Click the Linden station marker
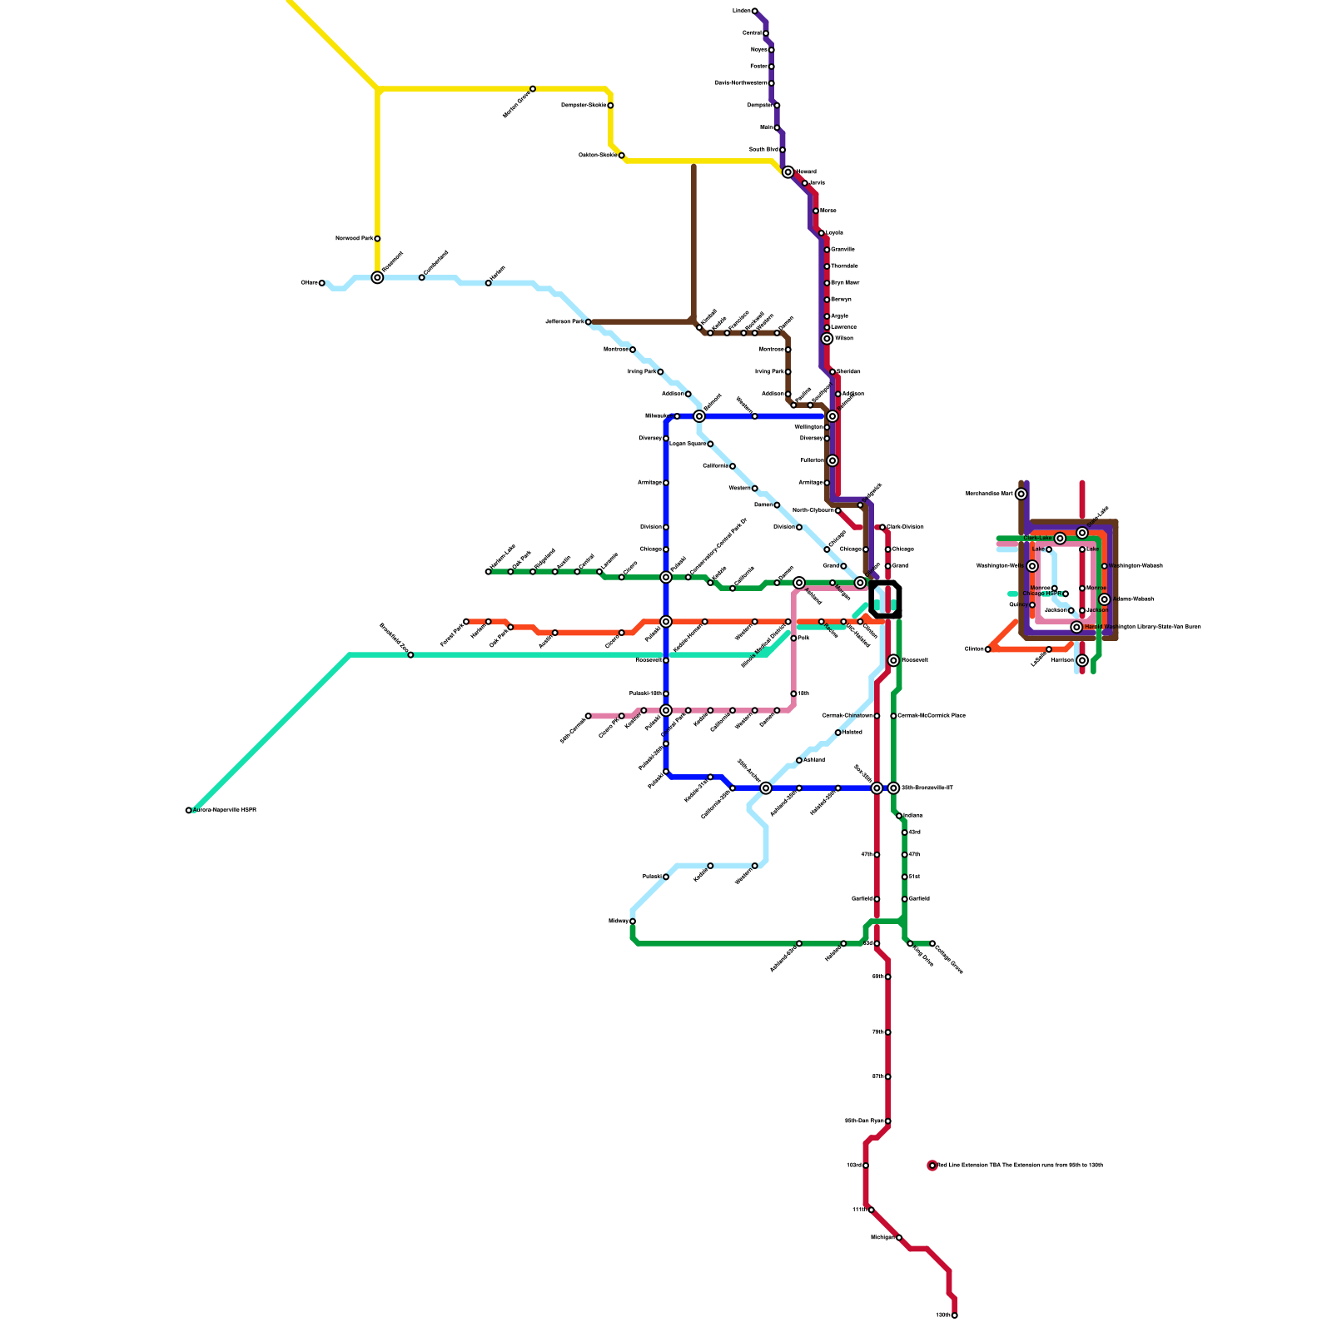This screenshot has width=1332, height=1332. (754, 11)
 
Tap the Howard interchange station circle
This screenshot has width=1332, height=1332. (788, 172)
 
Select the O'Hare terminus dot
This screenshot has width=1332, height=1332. (321, 283)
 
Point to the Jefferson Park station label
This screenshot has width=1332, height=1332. (564, 321)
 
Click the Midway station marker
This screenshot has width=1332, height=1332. (633, 922)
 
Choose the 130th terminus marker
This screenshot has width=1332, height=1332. (954, 1315)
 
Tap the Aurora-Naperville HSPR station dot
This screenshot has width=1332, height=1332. (188, 810)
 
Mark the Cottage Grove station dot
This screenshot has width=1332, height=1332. (932, 943)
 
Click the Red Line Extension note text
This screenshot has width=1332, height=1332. (1021, 1165)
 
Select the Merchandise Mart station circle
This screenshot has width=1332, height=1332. (1021, 494)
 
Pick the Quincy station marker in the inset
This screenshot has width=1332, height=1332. (1032, 605)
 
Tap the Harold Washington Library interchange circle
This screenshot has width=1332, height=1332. (1076, 627)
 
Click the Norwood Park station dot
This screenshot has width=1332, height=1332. (377, 239)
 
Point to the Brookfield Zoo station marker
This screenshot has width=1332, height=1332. (410, 655)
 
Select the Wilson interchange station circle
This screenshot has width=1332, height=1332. (827, 339)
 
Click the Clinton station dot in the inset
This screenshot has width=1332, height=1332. (988, 649)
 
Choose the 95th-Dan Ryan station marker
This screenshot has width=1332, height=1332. (888, 1121)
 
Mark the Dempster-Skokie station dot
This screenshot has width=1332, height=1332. (610, 106)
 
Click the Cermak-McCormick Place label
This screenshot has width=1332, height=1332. (932, 716)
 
